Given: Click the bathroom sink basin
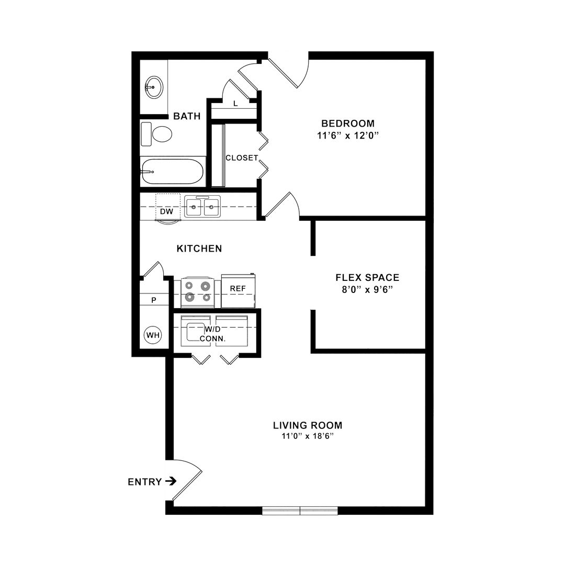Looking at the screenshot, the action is click(154, 87).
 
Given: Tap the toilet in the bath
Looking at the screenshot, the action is click(156, 134).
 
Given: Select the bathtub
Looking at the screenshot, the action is click(172, 172).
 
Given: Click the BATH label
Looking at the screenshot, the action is click(187, 116).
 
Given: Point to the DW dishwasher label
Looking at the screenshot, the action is click(166, 211).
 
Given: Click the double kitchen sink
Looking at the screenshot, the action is click(202, 207).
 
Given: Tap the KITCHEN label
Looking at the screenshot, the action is click(199, 248).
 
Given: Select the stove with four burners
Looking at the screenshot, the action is click(197, 292).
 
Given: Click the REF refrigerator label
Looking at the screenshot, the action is click(238, 289).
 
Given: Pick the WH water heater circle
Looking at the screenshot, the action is click(153, 335).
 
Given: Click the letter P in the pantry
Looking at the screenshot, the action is click(154, 300).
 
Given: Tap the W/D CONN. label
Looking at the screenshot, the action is click(212, 334).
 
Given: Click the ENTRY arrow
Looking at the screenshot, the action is click(171, 481).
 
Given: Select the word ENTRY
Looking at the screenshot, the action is click(145, 482).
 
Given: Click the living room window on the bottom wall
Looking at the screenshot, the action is click(300, 511).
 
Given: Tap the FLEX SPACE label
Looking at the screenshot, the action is click(367, 277).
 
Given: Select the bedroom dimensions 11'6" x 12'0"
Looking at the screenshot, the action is click(348, 135).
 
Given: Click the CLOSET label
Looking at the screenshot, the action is click(242, 158).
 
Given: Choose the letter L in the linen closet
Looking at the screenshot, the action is click(235, 104).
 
